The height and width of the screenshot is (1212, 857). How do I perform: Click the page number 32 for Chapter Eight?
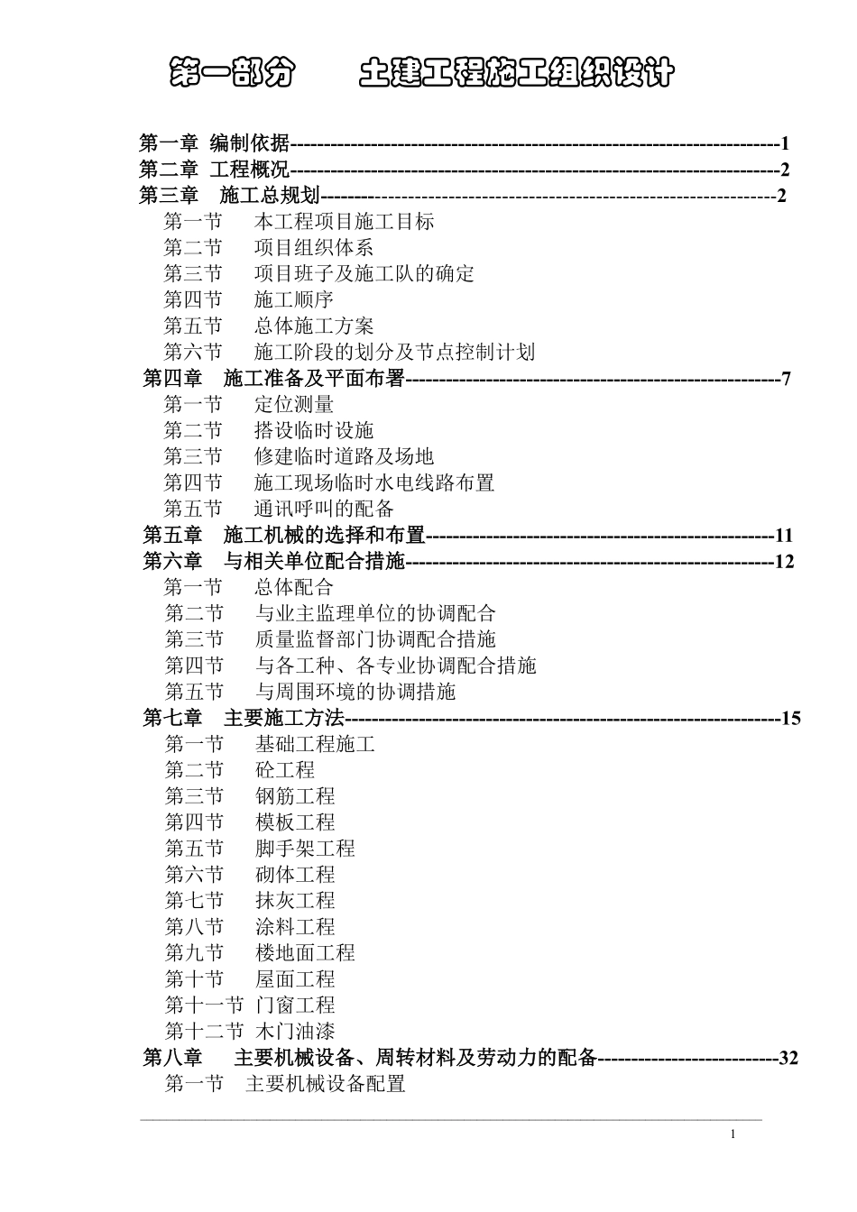click(x=788, y=1058)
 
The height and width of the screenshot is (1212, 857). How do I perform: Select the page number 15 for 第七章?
click(x=790, y=719)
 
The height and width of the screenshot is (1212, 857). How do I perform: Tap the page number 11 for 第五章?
click(x=783, y=536)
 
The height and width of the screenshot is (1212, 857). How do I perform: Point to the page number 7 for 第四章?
click(x=786, y=379)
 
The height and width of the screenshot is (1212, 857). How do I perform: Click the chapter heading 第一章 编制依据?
click(x=214, y=143)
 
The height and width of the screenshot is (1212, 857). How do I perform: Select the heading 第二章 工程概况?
click(x=214, y=170)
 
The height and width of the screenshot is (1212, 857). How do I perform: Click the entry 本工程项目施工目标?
click(x=344, y=222)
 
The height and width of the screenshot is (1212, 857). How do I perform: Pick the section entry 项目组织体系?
click(x=313, y=248)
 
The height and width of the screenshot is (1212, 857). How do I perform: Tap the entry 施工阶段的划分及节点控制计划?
click(x=394, y=353)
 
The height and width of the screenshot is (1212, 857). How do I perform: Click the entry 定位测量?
click(x=293, y=405)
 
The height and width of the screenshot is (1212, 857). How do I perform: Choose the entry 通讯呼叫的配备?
click(x=324, y=510)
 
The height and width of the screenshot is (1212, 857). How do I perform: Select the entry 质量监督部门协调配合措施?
click(x=375, y=640)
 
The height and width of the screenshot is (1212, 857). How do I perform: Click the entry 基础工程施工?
click(x=315, y=745)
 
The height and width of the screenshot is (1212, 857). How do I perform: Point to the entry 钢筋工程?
click(x=295, y=797)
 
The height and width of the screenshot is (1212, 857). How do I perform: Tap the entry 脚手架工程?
click(x=305, y=849)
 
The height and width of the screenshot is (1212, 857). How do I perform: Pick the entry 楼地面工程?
click(x=305, y=954)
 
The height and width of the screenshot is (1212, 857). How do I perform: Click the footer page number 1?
click(x=733, y=1134)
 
